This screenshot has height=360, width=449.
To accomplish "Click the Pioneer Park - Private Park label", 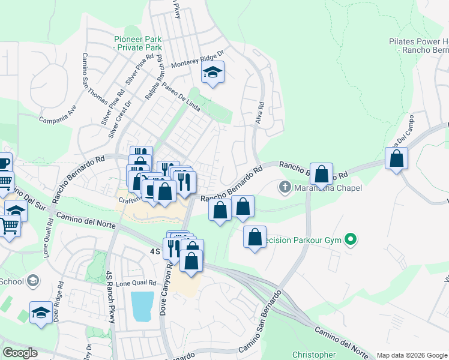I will (138, 43).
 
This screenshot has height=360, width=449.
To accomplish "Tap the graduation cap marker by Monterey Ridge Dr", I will (212, 73).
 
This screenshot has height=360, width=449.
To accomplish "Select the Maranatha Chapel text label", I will (328, 188).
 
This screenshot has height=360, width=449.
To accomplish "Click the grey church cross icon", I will (285, 188).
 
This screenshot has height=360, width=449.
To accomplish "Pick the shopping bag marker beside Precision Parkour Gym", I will (255, 238).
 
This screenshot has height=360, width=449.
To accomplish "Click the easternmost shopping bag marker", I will (396, 160).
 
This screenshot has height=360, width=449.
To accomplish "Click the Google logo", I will (20, 353).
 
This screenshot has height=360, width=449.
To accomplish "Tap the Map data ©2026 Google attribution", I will (412, 355).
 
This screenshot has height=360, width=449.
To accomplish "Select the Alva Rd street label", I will (261, 113).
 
